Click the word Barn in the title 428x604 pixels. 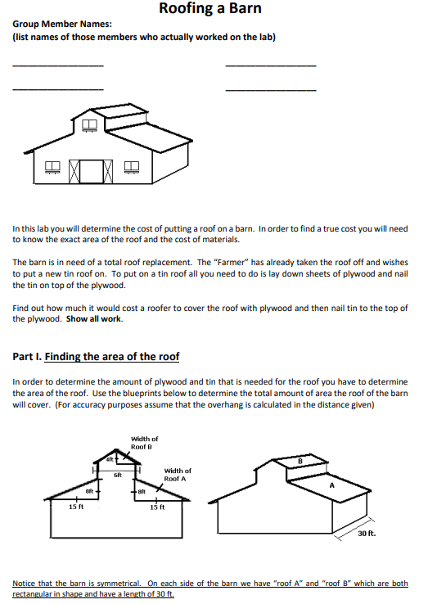click(244, 10)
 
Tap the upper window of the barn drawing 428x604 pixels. click(90, 125)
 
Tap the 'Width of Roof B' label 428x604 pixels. click(145, 443)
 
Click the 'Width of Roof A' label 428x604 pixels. click(178, 474)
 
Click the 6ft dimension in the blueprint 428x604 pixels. click(117, 475)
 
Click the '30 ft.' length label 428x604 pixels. click(367, 534)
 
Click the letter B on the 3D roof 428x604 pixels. click(300, 462)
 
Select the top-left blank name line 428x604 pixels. click(58, 65)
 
